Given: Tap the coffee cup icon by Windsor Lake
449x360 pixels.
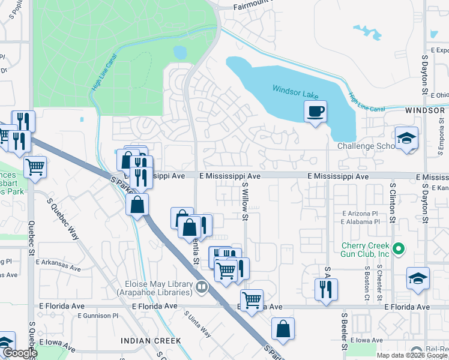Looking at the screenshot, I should (315, 111).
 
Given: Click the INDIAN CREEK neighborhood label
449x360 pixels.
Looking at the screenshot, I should (151, 340).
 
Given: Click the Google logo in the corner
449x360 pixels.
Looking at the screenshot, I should (19, 353).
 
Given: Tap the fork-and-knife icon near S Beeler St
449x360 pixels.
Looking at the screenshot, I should (327, 290).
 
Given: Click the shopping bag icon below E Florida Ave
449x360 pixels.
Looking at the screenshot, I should (283, 329).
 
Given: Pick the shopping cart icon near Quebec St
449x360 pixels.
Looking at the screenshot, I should (35, 166).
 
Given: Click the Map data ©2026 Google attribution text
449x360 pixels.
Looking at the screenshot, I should (411, 355).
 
